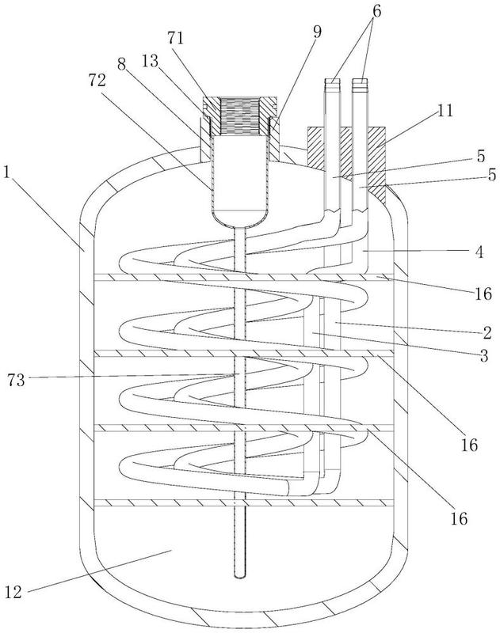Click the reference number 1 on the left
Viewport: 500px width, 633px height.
pyautogui.click(x=6, y=172)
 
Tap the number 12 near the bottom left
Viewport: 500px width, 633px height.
pyautogui.click(x=13, y=592)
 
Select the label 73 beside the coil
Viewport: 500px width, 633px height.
pyautogui.click(x=16, y=380)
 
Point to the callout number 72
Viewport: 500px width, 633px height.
pyautogui.click(x=97, y=80)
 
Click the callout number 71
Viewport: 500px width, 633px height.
pyautogui.click(x=175, y=37)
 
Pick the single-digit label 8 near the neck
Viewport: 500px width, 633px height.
pyautogui.click(x=122, y=65)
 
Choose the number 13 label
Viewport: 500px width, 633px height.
pyautogui.click(x=150, y=62)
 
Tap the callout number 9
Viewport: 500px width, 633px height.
pyautogui.click(x=317, y=32)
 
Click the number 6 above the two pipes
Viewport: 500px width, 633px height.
pyautogui.click(x=376, y=11)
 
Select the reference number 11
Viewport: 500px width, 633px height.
pyautogui.click(x=446, y=111)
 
